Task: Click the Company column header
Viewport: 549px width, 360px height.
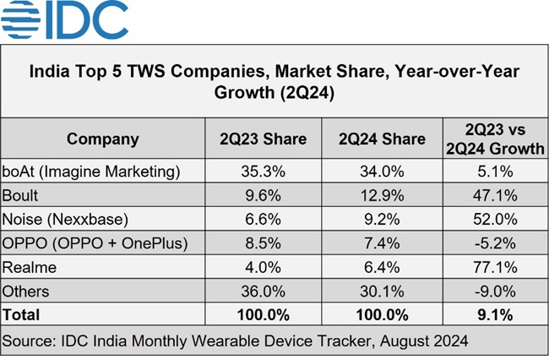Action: pyautogui.click(x=103, y=139)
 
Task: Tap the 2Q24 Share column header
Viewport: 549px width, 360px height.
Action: pyautogui.click(x=385, y=139)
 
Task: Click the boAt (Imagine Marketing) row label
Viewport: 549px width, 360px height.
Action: pyautogui.click(x=92, y=172)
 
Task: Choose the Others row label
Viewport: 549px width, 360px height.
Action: pyautogui.click(x=27, y=292)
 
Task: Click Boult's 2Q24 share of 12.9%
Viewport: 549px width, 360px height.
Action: pyautogui.click(x=385, y=195)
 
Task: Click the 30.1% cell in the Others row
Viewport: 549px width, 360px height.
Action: pyautogui.click(x=385, y=292)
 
